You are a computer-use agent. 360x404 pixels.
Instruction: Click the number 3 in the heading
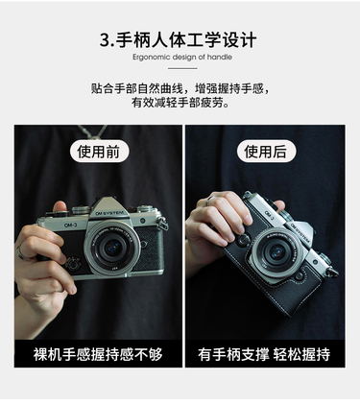[106, 40]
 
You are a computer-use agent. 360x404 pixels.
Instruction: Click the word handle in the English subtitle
[219, 57]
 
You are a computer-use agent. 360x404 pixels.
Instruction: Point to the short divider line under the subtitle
[182, 68]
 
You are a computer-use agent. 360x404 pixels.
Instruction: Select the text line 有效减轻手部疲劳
[180, 103]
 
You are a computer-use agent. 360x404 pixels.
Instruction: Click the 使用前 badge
[99, 151]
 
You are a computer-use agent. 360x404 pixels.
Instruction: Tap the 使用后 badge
[266, 151]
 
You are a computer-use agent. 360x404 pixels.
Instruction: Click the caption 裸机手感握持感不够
[98, 354]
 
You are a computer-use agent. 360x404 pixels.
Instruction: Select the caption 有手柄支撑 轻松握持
[264, 354]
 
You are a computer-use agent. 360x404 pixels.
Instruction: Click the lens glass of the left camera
[112, 248]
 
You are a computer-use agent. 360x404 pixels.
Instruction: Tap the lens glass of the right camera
[276, 251]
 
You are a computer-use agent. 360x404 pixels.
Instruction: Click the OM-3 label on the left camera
[70, 226]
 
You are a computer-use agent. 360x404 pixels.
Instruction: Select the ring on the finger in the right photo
[209, 200]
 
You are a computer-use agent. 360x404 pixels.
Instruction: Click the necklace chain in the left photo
[93, 131]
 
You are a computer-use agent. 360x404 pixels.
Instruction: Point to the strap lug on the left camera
[162, 223]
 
